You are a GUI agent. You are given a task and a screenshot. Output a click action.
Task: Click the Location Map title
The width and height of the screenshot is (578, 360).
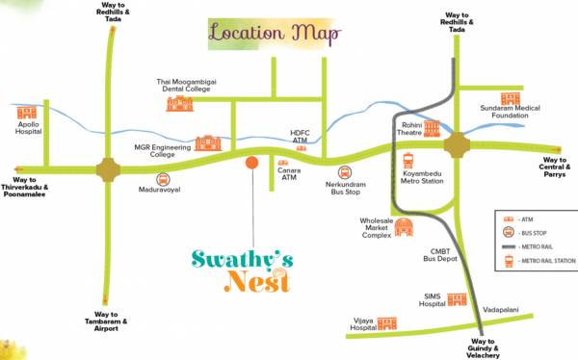(275, 34)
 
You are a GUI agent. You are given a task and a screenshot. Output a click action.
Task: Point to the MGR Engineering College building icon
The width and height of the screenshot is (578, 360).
(207, 143)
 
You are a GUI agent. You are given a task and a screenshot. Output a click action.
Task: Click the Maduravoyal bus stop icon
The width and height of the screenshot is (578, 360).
(162, 178)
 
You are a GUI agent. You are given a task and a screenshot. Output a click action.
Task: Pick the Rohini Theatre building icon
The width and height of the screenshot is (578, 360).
(431, 128)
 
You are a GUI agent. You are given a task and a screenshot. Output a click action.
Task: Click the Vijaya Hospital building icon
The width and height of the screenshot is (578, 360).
(387, 324)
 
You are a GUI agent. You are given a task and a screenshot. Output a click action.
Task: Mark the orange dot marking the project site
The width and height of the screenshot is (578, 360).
(251, 162)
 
